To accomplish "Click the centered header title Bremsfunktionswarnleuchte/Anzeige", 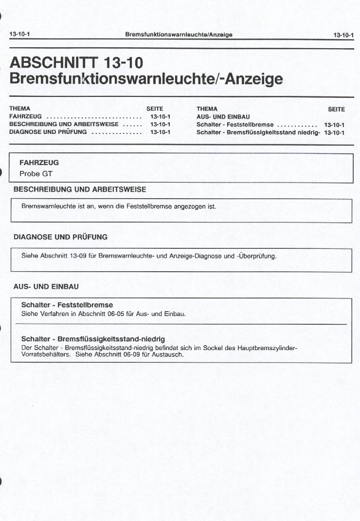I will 179,35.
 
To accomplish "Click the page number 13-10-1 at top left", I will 19,35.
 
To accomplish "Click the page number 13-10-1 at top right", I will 343,35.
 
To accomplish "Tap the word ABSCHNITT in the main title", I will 54,63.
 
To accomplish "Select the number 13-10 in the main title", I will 124,63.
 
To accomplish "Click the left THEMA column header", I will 19,109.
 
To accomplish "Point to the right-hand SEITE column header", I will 336,109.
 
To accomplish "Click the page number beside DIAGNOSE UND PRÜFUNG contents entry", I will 160,132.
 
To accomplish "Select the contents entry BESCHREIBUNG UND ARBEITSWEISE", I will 64,124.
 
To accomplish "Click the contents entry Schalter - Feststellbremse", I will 235,125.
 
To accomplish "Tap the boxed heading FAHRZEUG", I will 39,163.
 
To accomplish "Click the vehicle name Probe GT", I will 36,173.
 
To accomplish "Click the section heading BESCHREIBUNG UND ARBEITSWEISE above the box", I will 80,189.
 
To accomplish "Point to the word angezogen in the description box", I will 190,206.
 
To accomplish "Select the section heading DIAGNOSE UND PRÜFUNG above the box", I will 60,237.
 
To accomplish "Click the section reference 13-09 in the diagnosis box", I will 78,256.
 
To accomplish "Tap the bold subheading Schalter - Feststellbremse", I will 67,305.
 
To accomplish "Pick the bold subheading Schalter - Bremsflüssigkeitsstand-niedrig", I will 93,339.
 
